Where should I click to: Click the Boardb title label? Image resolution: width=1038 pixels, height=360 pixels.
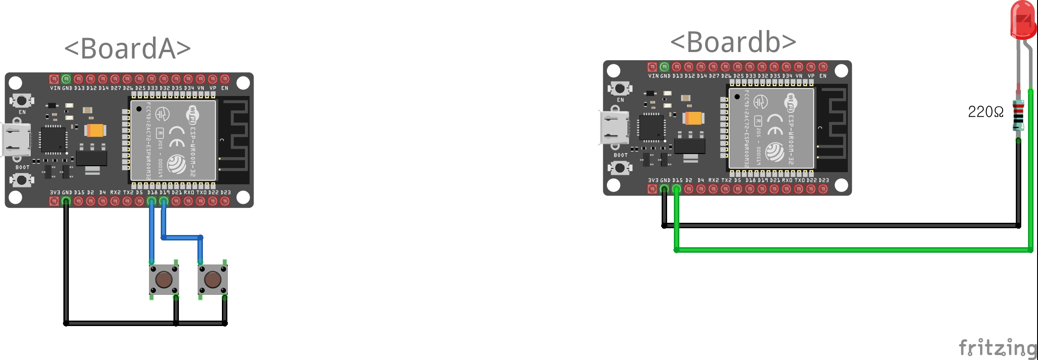tap(733, 43)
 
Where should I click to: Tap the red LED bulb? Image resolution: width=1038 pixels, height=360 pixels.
tap(1023, 20)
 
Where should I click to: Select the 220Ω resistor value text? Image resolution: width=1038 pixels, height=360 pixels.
tap(985, 112)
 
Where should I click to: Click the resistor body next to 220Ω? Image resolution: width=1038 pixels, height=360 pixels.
tap(1018, 115)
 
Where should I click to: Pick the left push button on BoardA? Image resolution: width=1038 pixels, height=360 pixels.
tap(164, 280)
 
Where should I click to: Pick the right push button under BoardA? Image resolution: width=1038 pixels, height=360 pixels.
tap(212, 280)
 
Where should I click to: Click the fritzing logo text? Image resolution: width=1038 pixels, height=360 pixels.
tap(997, 348)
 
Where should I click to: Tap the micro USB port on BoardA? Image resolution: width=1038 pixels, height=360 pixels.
tap(16, 140)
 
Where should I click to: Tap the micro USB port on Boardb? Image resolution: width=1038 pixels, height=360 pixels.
tap(615, 128)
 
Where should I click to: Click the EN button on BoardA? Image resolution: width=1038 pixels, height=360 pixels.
tap(21, 100)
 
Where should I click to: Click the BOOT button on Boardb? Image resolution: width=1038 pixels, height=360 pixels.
tap(620, 168)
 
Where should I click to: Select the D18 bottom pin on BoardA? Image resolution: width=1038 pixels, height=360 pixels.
tap(152, 201)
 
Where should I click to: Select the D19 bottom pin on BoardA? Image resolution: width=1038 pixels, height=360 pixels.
tap(164, 201)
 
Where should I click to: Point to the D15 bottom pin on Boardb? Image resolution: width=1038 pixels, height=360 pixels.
tap(677, 189)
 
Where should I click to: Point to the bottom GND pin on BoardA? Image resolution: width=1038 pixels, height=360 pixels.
tap(66, 201)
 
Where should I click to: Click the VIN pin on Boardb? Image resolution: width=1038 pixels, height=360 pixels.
tap(652, 67)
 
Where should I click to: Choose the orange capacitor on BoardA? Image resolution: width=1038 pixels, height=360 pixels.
tap(95, 130)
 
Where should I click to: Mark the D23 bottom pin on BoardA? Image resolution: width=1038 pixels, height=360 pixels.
tap(225, 201)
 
